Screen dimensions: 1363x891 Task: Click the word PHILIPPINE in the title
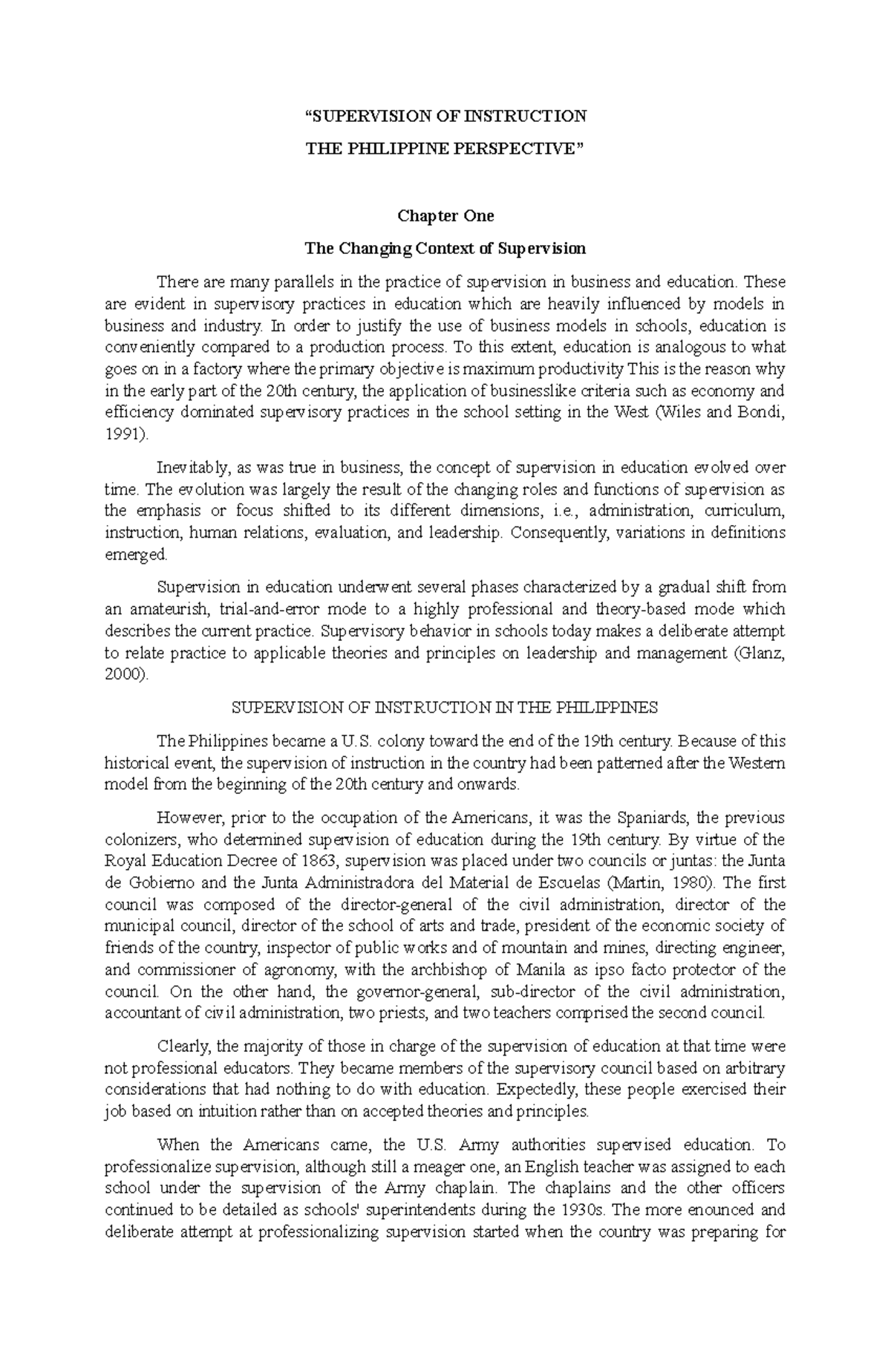pos(381,148)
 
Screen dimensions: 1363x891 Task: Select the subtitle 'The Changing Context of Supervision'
pos(446,248)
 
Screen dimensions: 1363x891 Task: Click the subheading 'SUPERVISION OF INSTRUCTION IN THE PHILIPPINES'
pos(446,708)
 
